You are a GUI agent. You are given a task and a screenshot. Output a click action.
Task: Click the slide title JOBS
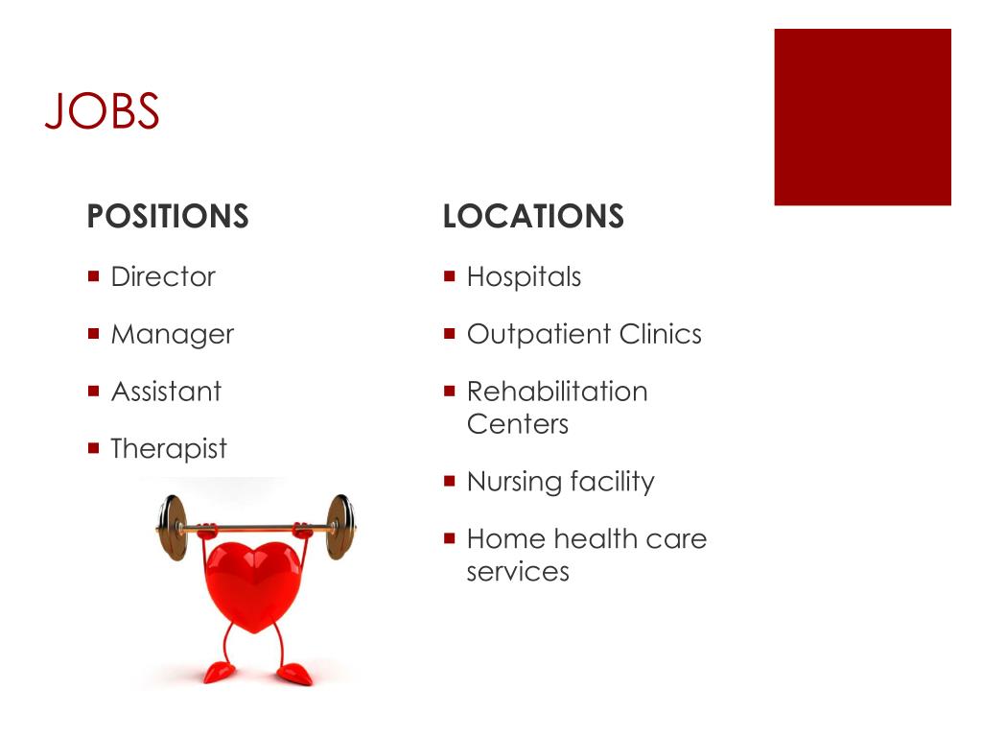(102, 111)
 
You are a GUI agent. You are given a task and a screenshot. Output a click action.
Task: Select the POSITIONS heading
(168, 217)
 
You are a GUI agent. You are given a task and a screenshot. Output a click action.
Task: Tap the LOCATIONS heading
(533, 217)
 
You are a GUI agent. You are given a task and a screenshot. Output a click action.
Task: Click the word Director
(163, 277)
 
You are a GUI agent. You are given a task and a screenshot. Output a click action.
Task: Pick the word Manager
(172, 335)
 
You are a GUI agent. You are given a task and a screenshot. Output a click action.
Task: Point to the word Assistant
(166, 392)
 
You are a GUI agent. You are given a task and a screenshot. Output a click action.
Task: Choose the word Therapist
(169, 449)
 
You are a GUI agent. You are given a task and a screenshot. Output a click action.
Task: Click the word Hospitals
(524, 277)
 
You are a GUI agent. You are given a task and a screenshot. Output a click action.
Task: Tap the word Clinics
(660, 335)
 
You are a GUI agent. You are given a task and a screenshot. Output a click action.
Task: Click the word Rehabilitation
(557, 392)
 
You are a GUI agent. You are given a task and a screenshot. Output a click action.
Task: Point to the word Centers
(517, 424)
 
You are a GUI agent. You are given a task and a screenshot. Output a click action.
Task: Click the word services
(518, 572)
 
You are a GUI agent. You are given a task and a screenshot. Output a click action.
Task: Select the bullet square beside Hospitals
(449, 276)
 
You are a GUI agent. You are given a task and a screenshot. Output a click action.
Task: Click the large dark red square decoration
(862, 117)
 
